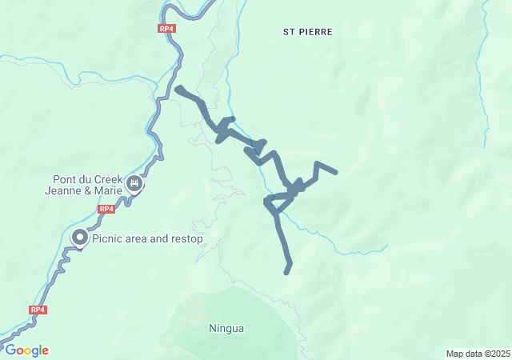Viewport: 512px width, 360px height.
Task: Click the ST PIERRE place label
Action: [307, 32]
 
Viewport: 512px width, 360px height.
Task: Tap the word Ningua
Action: [226, 328]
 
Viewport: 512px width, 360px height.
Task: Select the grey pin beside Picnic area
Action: [81, 238]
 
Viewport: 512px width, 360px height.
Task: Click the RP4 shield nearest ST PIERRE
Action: [166, 29]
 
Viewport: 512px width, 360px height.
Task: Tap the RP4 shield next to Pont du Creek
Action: [106, 209]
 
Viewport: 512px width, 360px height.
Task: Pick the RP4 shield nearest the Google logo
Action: [38, 310]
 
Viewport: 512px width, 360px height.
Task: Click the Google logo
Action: [27, 350]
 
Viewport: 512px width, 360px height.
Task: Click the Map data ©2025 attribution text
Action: [477, 354]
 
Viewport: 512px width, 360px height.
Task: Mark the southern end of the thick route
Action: [287, 272]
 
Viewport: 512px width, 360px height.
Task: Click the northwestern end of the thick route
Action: [178, 88]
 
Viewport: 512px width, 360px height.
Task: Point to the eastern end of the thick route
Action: [336, 172]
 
